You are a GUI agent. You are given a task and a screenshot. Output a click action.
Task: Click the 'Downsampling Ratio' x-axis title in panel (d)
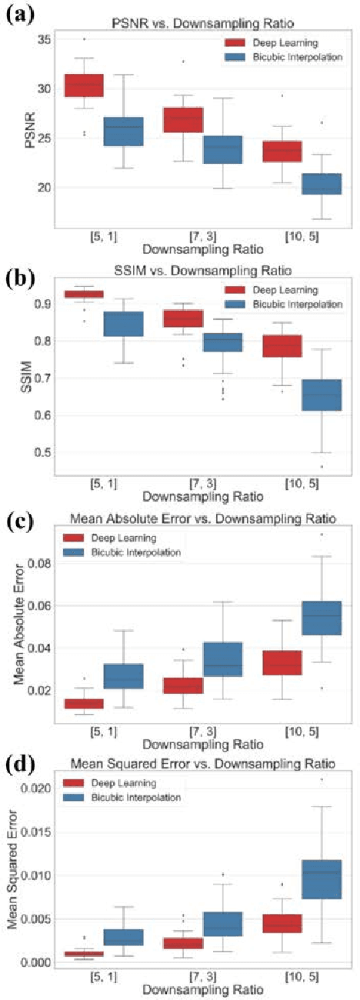192,992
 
